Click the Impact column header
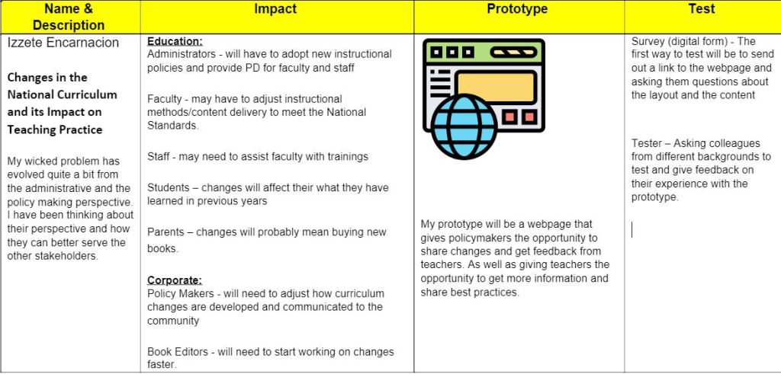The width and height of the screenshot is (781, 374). [275, 9]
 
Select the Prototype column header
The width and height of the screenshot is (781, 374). [517, 9]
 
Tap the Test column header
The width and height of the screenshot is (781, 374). [702, 9]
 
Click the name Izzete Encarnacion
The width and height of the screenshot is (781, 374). [63, 43]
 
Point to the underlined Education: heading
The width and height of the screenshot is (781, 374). [175, 41]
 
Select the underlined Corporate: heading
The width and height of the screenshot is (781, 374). [175, 280]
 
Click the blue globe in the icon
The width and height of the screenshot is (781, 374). [464, 126]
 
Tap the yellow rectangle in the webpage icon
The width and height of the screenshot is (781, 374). [496, 88]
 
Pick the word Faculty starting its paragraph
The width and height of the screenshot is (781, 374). [165, 100]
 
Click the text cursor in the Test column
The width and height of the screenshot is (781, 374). [632, 230]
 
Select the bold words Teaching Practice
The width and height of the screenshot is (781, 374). [55, 129]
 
